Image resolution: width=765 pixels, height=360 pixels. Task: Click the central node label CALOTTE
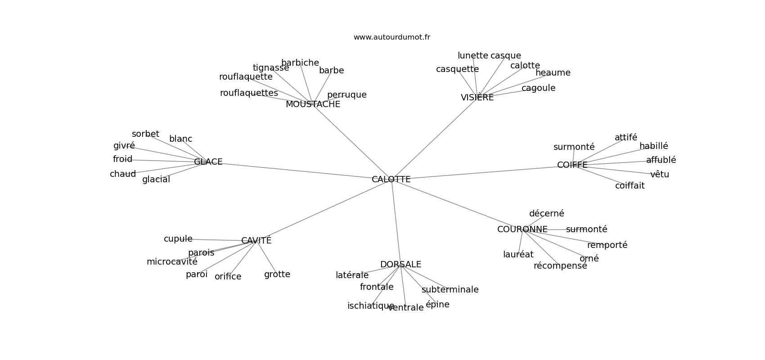[x=391, y=179]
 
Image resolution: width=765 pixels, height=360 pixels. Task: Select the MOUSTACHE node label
[x=313, y=104]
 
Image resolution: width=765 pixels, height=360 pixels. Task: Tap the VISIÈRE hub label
[x=477, y=98]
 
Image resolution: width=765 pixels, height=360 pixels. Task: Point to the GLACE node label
[x=208, y=162]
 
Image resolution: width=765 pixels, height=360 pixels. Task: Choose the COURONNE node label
[x=522, y=229]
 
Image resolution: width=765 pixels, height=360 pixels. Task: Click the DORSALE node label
[x=400, y=265]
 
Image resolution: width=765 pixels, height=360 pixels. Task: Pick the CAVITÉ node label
[x=256, y=241]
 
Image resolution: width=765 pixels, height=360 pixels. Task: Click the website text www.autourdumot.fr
[x=391, y=37]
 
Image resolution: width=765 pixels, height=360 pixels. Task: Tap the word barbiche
[x=300, y=63]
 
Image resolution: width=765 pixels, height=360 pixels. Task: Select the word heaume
[x=553, y=73]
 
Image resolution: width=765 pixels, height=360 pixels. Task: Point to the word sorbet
[x=145, y=134]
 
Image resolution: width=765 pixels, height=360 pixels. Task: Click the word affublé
[x=661, y=160]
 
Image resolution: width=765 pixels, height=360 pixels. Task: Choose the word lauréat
[x=518, y=255]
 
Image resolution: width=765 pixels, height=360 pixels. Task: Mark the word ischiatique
[x=371, y=306]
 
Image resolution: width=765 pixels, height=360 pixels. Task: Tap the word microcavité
[x=172, y=262]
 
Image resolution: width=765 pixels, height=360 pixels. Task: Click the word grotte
[x=277, y=274]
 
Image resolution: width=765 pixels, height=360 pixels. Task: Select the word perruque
[x=346, y=95]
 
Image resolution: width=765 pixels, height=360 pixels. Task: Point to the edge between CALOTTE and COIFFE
[x=481, y=173]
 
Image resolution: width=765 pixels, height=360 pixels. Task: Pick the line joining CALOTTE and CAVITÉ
[x=324, y=210]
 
